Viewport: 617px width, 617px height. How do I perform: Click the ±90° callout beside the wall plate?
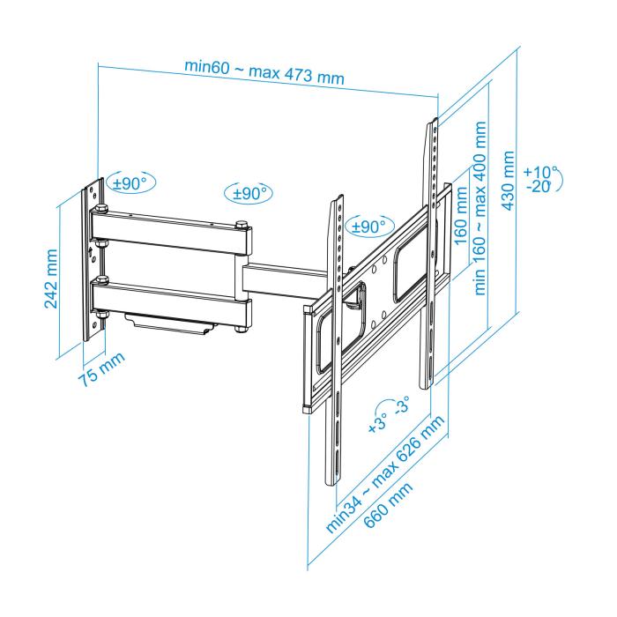point(129,182)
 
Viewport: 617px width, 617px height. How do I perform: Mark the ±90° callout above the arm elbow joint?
point(249,193)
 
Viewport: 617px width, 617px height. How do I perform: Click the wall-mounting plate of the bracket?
point(91,264)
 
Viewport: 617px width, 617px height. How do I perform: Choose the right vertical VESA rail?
point(431,256)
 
